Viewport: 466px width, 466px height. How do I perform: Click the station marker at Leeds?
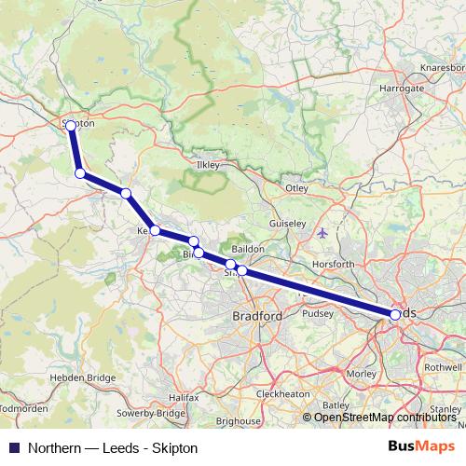tap(395, 315)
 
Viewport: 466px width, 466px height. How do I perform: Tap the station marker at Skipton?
tap(71, 125)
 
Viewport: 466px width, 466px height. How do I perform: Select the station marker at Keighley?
tap(155, 231)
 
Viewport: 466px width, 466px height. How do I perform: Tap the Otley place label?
tap(296, 188)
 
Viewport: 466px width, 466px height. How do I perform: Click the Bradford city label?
tap(256, 317)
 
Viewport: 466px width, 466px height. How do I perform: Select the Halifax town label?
tap(183, 398)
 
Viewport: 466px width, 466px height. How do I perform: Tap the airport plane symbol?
tap(322, 232)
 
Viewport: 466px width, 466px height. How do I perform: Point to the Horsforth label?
tap(335, 265)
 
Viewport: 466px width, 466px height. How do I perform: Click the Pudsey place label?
tap(317, 314)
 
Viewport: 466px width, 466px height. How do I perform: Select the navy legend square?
tap(13, 448)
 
